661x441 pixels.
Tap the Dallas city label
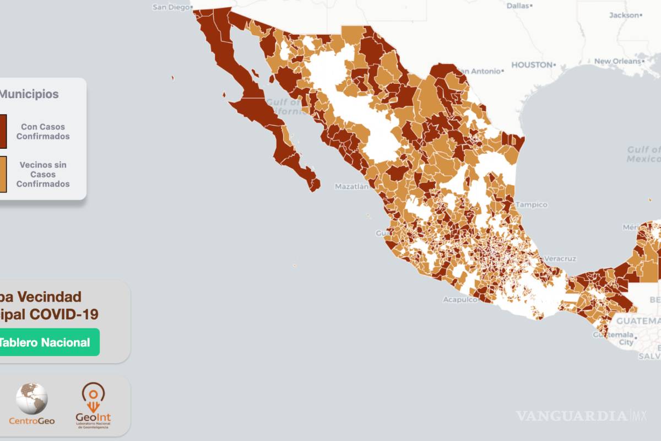click(x=517, y=6)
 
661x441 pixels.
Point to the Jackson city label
click(x=624, y=15)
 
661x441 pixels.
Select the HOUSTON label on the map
click(x=532, y=64)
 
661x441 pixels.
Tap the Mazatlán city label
click(x=351, y=187)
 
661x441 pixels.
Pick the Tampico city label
click(x=532, y=205)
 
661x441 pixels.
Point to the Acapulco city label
click(x=459, y=300)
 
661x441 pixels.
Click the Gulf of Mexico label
click(x=643, y=154)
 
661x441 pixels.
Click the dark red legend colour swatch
click(x=3, y=131)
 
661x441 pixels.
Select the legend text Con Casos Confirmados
click(x=43, y=131)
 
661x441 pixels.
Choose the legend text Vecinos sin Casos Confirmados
click(x=43, y=174)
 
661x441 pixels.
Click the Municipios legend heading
click(x=29, y=94)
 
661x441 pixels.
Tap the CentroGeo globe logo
click(x=31, y=399)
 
